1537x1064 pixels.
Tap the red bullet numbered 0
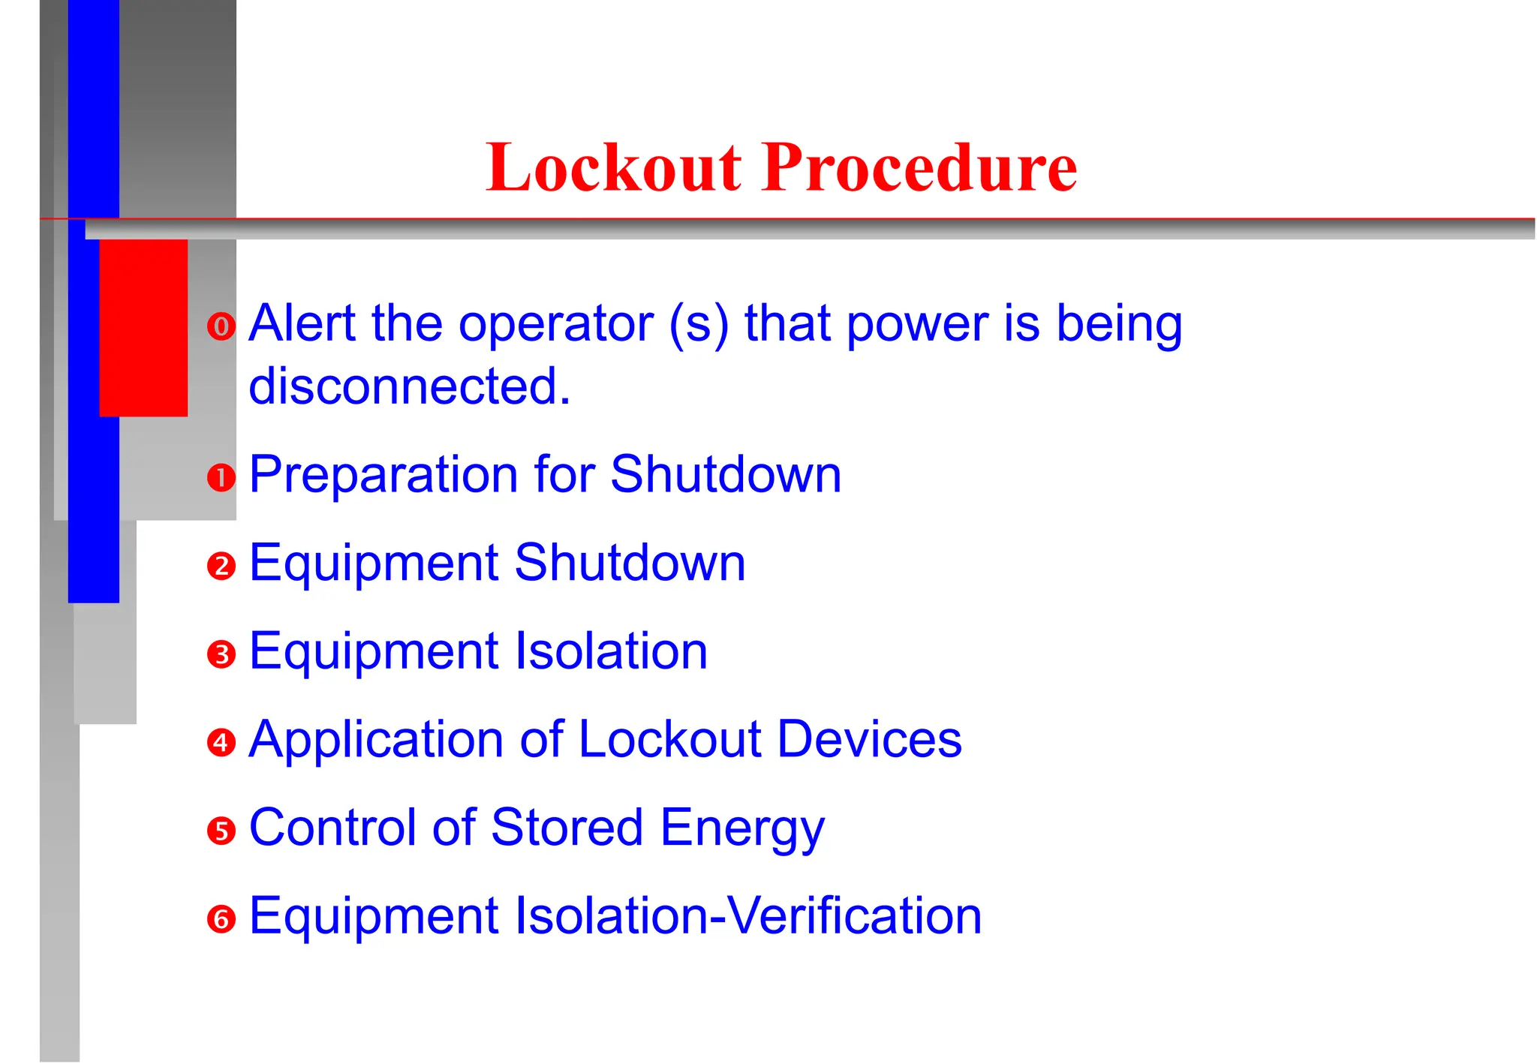(x=221, y=326)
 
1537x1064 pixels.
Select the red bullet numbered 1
(x=221, y=477)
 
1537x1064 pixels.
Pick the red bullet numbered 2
(x=221, y=566)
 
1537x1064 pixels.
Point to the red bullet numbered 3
(x=221, y=654)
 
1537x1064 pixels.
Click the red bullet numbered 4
(x=221, y=742)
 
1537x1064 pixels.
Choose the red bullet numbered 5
(x=221, y=831)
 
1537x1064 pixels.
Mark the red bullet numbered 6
(x=221, y=919)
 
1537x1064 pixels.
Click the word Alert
(x=302, y=323)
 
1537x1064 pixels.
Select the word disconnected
(x=409, y=386)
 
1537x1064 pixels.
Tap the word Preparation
(x=383, y=475)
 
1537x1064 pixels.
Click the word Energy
(x=742, y=828)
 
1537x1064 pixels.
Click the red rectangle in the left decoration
(x=143, y=328)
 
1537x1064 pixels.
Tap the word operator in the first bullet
(x=556, y=325)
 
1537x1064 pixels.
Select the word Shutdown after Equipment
(x=630, y=563)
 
